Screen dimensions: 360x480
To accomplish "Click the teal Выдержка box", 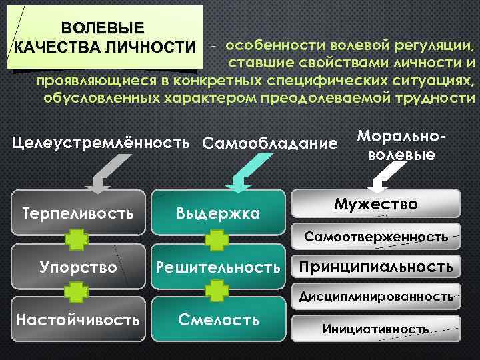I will (218, 213).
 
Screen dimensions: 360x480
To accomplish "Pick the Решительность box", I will (218, 267).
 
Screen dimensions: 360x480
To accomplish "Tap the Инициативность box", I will (377, 329).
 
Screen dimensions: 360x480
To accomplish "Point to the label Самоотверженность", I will (376, 237).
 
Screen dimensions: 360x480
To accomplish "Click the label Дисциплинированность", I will (376, 295).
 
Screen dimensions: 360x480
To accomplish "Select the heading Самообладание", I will (269, 143).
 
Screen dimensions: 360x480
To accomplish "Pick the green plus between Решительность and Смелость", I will (217, 291).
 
